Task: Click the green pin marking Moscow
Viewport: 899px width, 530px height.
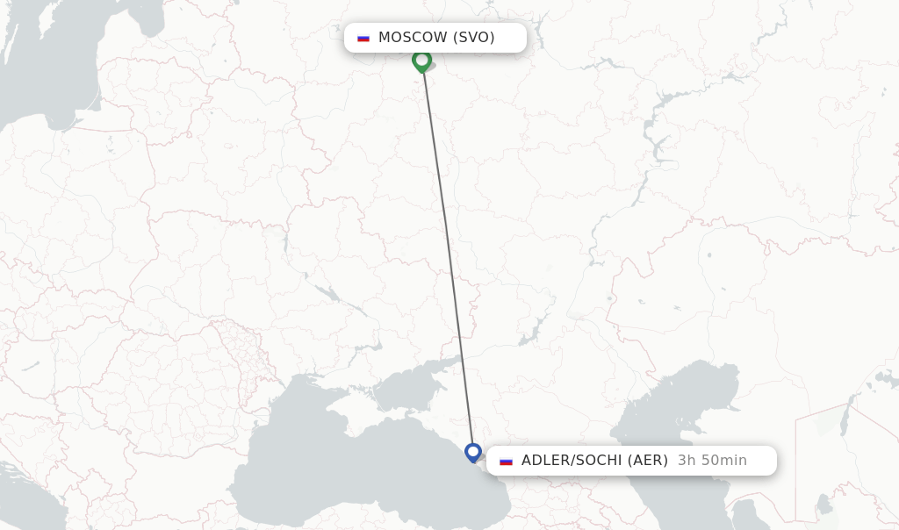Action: (421, 61)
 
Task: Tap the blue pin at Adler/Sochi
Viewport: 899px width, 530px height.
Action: (473, 453)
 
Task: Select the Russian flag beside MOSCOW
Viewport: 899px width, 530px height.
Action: (363, 38)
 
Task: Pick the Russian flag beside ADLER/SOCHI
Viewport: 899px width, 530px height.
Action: (506, 461)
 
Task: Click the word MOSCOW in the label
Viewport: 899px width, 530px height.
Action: (413, 38)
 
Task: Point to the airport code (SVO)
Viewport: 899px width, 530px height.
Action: (473, 38)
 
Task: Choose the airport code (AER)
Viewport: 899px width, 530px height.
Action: (648, 461)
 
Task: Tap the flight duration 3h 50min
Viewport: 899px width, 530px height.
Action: (712, 461)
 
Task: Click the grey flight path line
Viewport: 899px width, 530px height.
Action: (448, 254)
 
